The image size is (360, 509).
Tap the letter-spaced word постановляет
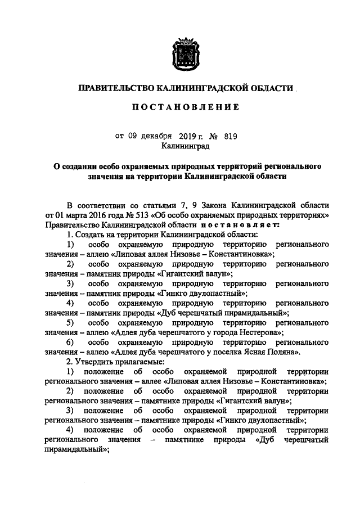(x=215, y=224)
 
